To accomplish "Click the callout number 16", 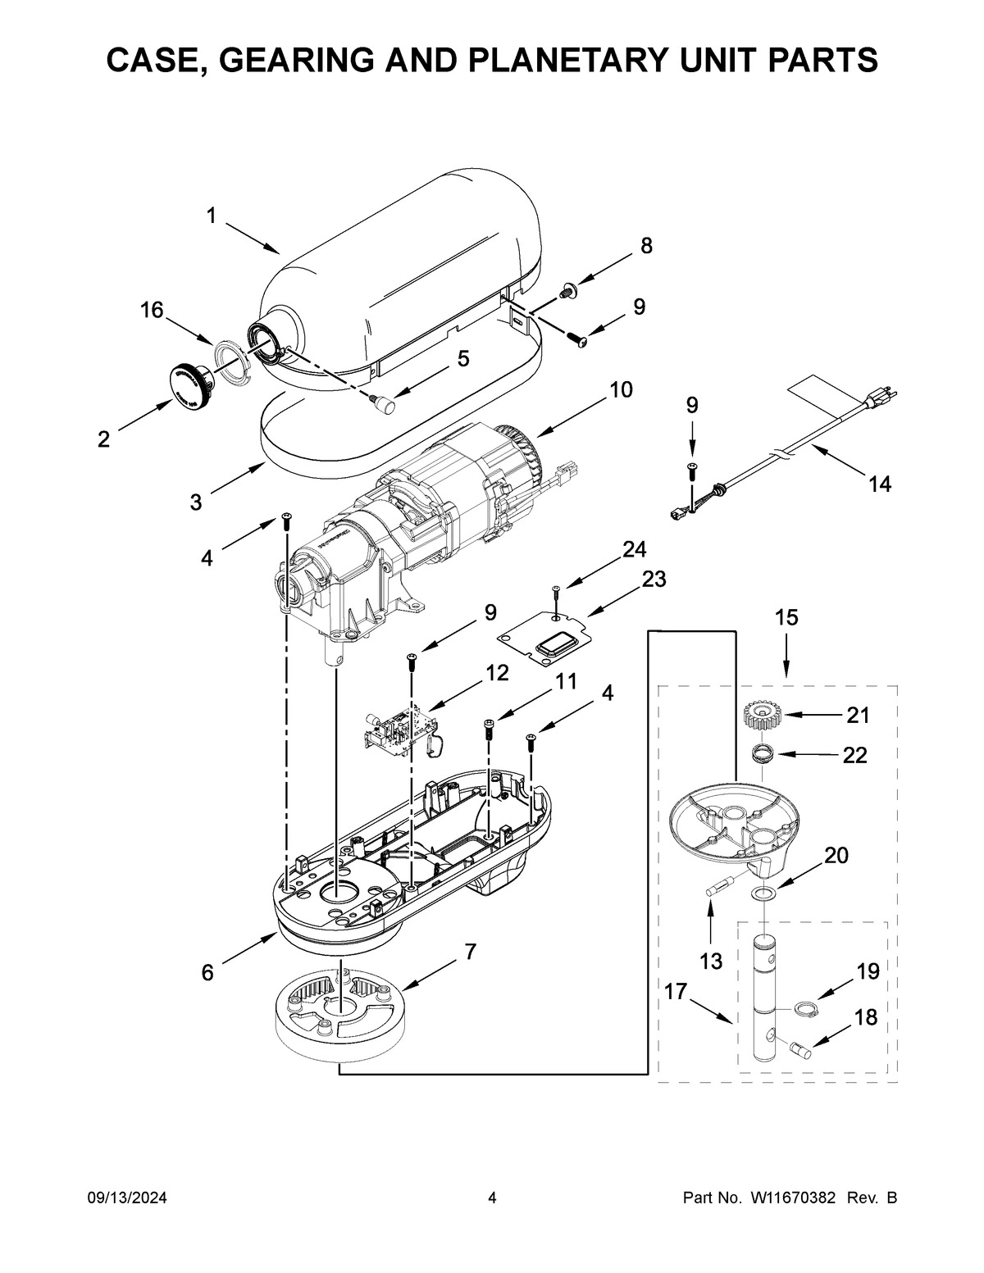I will point(151,310).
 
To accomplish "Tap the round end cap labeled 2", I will point(189,387).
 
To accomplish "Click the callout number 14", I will point(879,484).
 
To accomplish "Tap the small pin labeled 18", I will point(800,1047).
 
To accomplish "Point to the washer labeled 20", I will point(765,893).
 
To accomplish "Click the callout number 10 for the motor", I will point(621,389).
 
